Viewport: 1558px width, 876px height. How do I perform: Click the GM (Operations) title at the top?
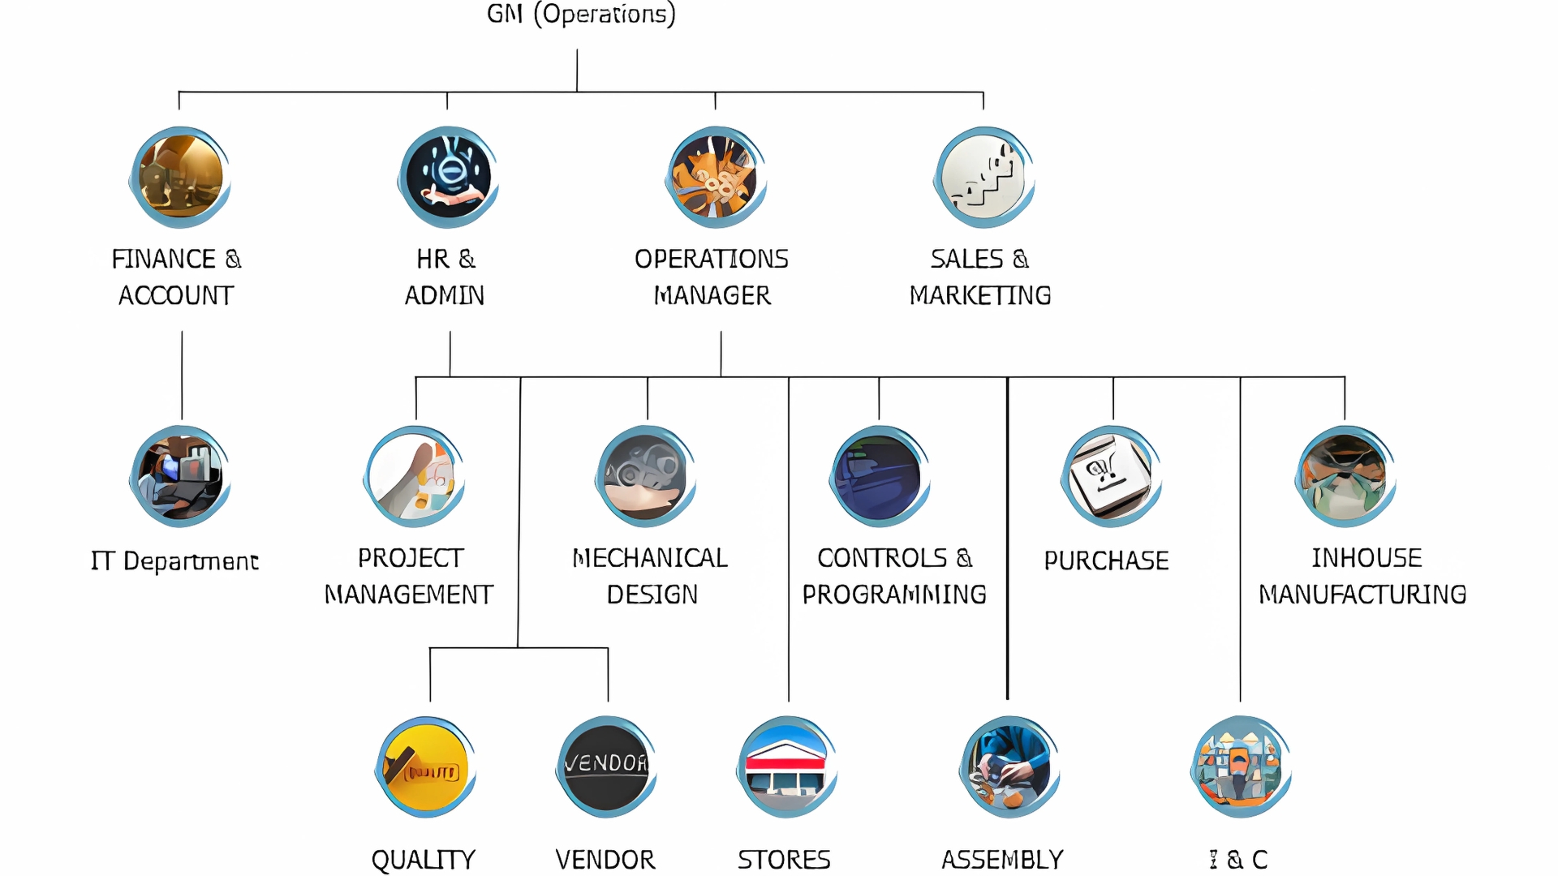point(581,15)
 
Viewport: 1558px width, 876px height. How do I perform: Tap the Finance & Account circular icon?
point(180,177)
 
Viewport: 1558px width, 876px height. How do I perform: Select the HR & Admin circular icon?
point(448,177)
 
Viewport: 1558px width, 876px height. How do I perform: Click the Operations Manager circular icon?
point(716,177)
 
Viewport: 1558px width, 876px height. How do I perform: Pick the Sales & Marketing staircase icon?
point(983,177)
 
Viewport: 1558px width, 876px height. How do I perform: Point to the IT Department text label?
point(174,561)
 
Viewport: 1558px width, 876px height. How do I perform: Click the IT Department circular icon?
point(180,476)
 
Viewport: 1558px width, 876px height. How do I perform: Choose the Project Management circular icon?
point(415,476)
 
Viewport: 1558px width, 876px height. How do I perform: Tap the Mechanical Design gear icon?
point(646,476)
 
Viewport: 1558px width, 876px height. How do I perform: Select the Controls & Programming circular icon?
point(880,476)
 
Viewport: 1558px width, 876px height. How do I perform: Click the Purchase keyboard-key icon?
point(1111,476)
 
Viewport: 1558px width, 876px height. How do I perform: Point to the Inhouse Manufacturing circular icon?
point(1345,476)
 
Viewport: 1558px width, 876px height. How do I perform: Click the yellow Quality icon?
point(426,766)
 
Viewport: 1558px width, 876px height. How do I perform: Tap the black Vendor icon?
point(606,766)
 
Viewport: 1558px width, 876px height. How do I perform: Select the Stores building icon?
point(786,766)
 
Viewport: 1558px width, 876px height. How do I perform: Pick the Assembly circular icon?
point(1009,766)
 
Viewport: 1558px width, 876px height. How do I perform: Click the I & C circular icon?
point(1241,766)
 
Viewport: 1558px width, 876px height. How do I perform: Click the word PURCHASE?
point(1106,560)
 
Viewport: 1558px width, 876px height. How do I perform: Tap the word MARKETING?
point(980,295)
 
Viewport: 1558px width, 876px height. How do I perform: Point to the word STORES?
point(784,859)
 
